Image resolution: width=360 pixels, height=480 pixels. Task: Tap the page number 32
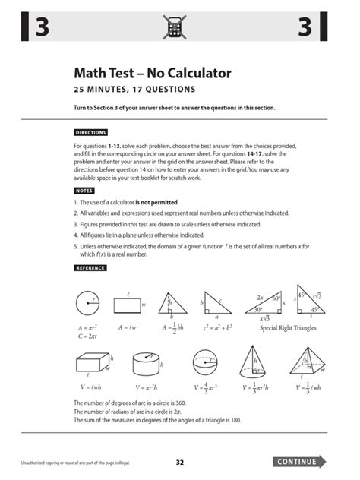(x=180, y=462)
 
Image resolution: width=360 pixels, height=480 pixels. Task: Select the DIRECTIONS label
(x=90, y=132)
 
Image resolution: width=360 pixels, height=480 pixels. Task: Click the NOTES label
(x=84, y=191)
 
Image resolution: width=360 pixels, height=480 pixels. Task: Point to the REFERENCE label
(x=90, y=268)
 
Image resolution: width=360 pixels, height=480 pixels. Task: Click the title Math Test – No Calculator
(x=152, y=74)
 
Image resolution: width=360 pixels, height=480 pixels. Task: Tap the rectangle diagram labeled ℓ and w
(x=130, y=305)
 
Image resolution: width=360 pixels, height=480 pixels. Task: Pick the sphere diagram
(x=204, y=362)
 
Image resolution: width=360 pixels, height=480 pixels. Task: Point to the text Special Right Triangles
(x=288, y=328)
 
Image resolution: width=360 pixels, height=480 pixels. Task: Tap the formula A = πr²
(x=89, y=327)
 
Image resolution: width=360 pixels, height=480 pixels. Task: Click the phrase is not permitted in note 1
(x=156, y=203)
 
